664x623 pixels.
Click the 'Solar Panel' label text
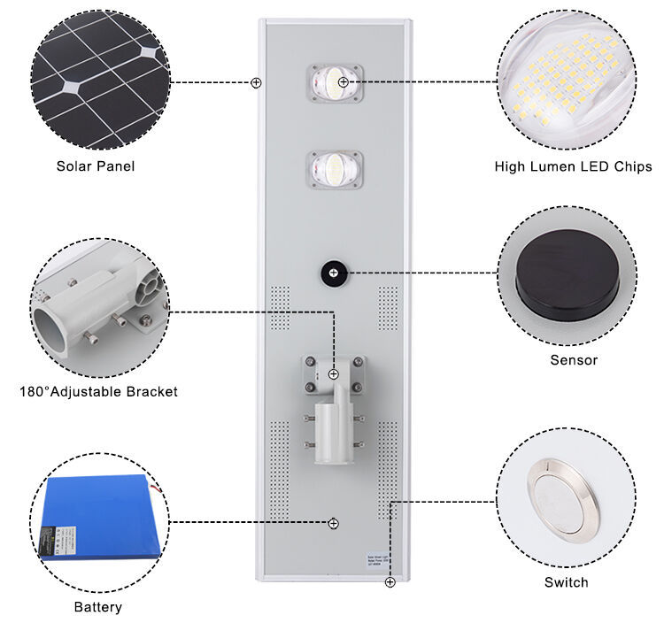pyautogui.click(x=96, y=165)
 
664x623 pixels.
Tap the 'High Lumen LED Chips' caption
pyautogui.click(x=574, y=166)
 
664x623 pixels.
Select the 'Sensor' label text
pyautogui.click(x=574, y=360)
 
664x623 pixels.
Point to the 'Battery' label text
pyautogui.click(x=98, y=607)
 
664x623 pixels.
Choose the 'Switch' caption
pyautogui.click(x=566, y=581)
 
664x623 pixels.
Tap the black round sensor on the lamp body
pyautogui.click(x=333, y=272)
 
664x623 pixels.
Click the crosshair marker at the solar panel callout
pyautogui.click(x=256, y=82)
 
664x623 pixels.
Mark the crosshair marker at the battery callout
pyautogui.click(x=333, y=523)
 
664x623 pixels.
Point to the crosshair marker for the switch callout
pyautogui.click(x=390, y=581)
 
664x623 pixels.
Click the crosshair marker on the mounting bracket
pyautogui.click(x=334, y=374)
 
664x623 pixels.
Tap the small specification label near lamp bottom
pyautogui.click(x=379, y=559)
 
